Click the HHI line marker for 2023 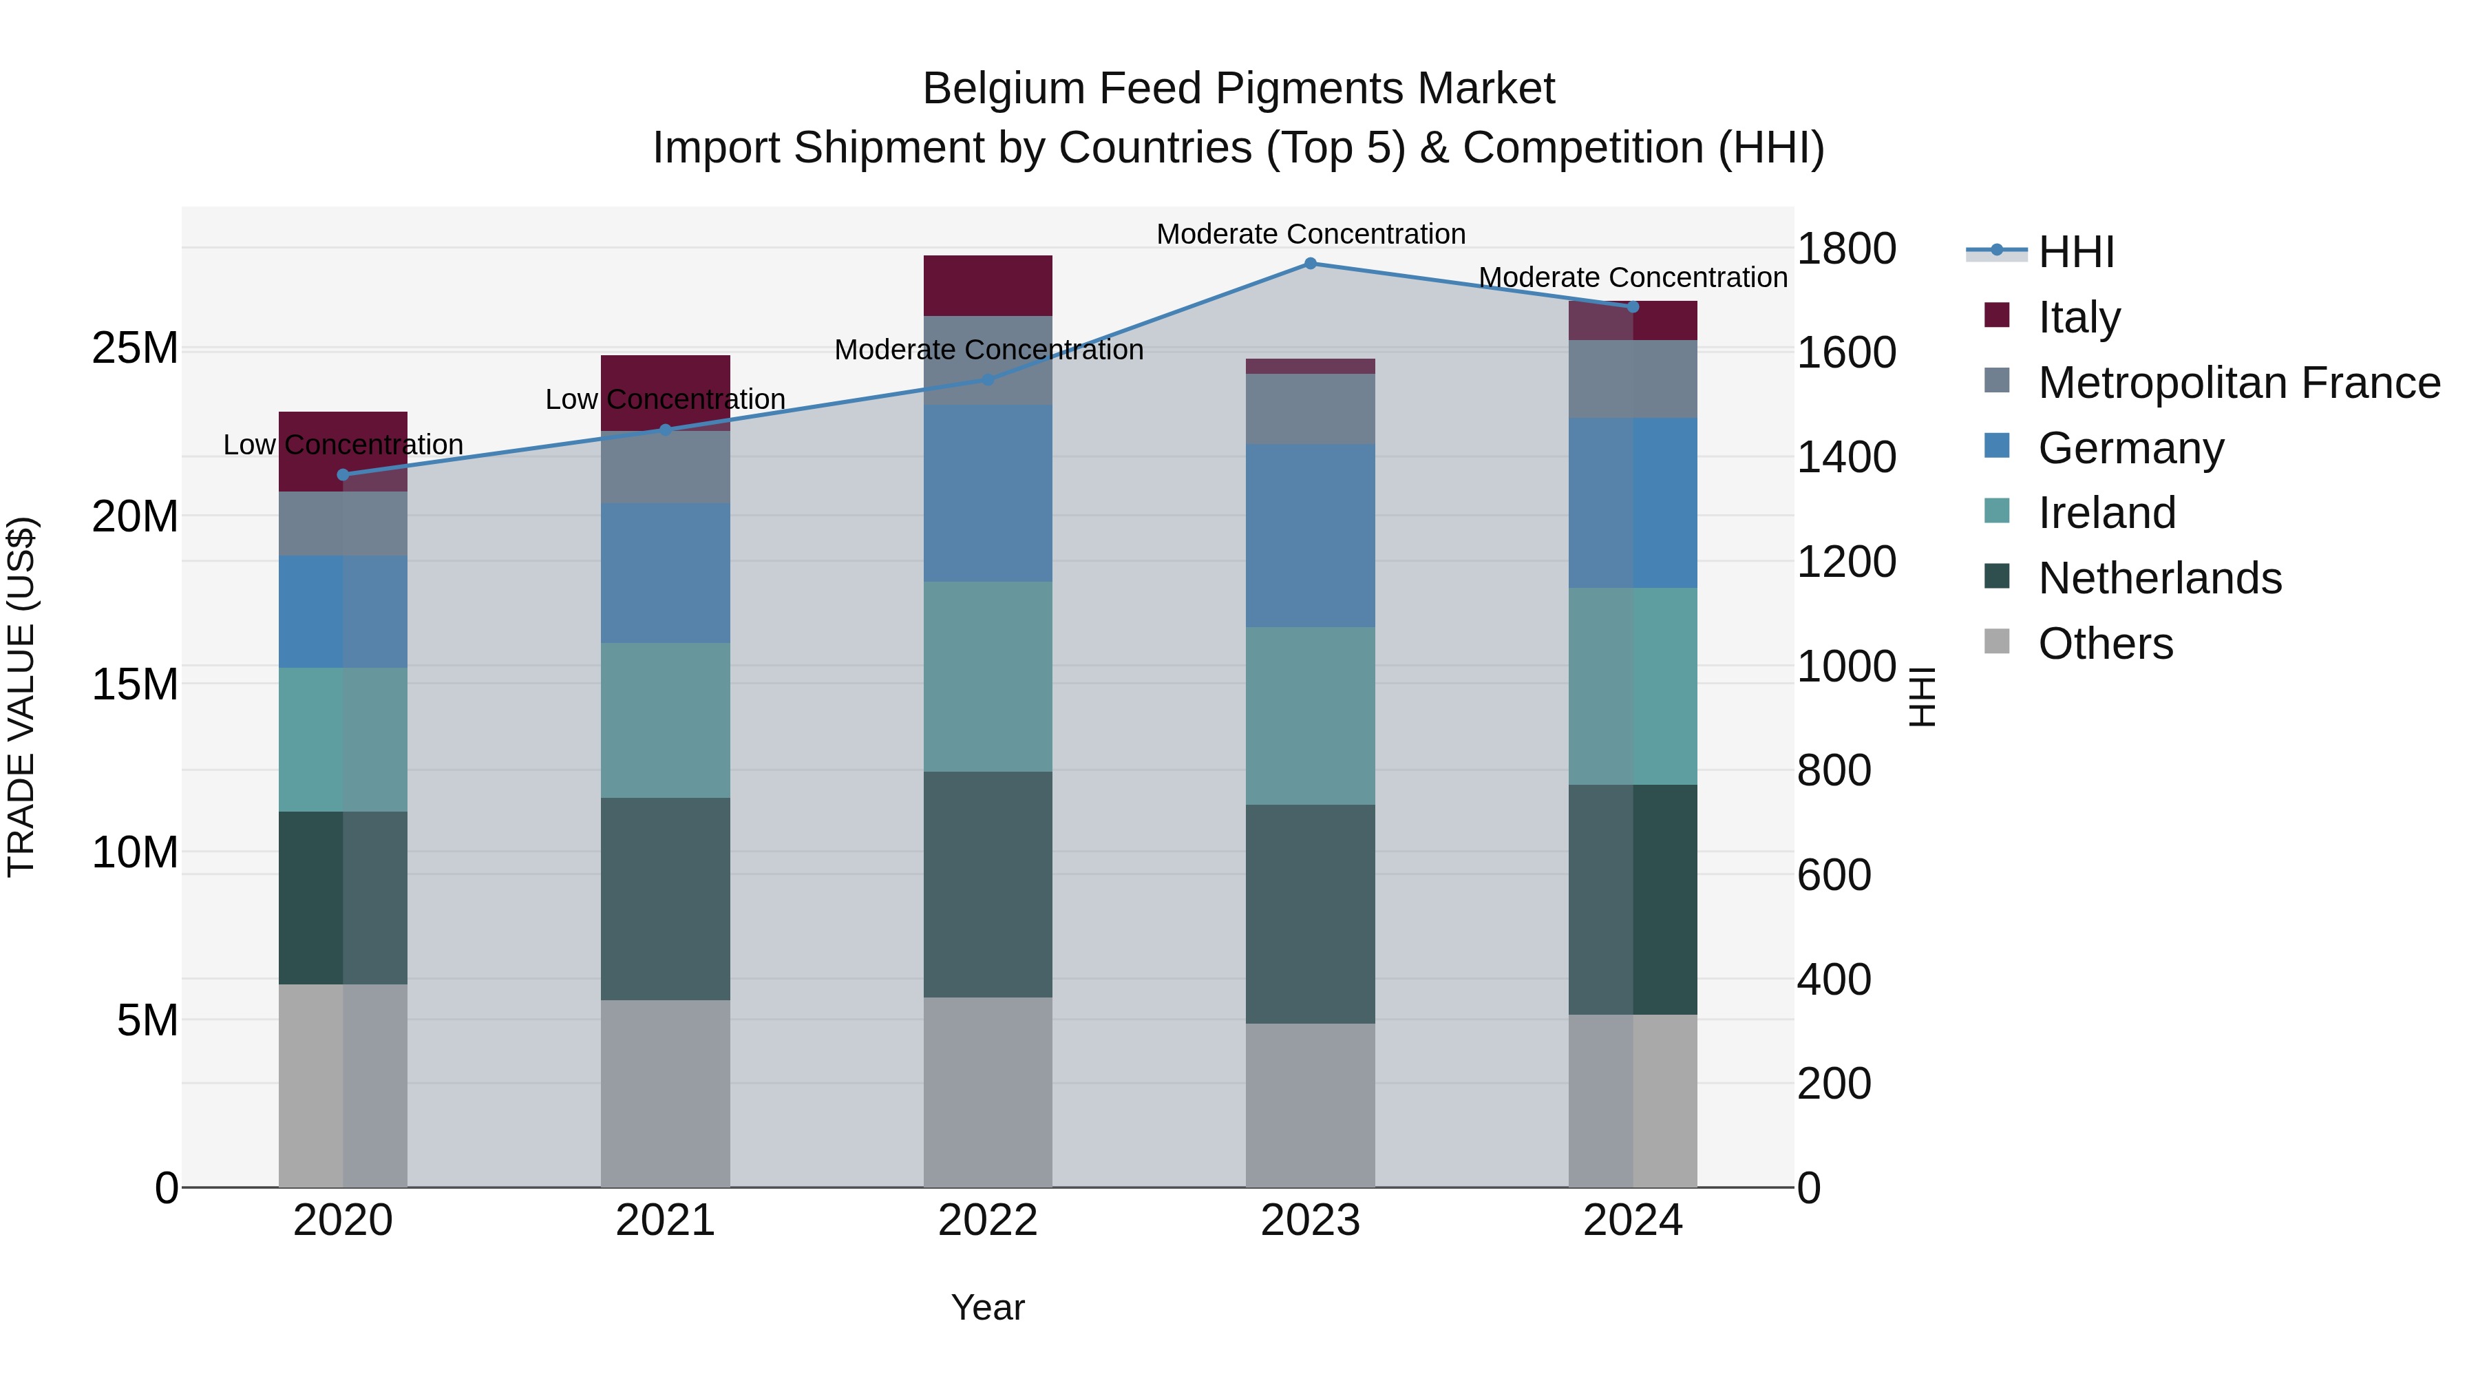[1310, 264]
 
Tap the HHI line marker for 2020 [343, 474]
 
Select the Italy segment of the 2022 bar [988, 286]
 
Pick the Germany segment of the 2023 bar [1310, 536]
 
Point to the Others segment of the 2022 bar [988, 1092]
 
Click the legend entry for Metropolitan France [2238, 383]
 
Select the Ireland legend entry [2107, 513]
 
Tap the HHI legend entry [2076, 252]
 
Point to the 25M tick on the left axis [135, 348]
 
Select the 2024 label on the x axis [1633, 1221]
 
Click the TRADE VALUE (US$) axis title [21, 697]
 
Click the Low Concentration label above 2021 [666, 399]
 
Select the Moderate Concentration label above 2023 [1310, 234]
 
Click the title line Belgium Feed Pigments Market [1238, 89]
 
